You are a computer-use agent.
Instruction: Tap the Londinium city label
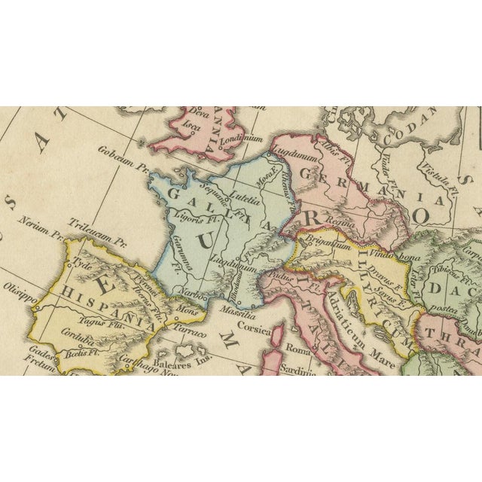(241, 139)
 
